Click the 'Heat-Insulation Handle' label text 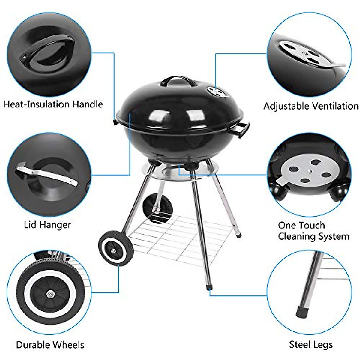pyautogui.click(x=53, y=104)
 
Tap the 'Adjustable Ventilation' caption pyautogui.click(x=311, y=106)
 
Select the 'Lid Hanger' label pyautogui.click(x=47, y=224)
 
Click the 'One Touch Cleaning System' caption pyautogui.click(x=313, y=231)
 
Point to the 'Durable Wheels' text pyautogui.click(x=50, y=345)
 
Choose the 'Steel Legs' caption pyautogui.click(x=311, y=345)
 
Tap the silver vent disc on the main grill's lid pyautogui.click(x=215, y=90)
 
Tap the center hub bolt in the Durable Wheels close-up pyautogui.click(x=49, y=293)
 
